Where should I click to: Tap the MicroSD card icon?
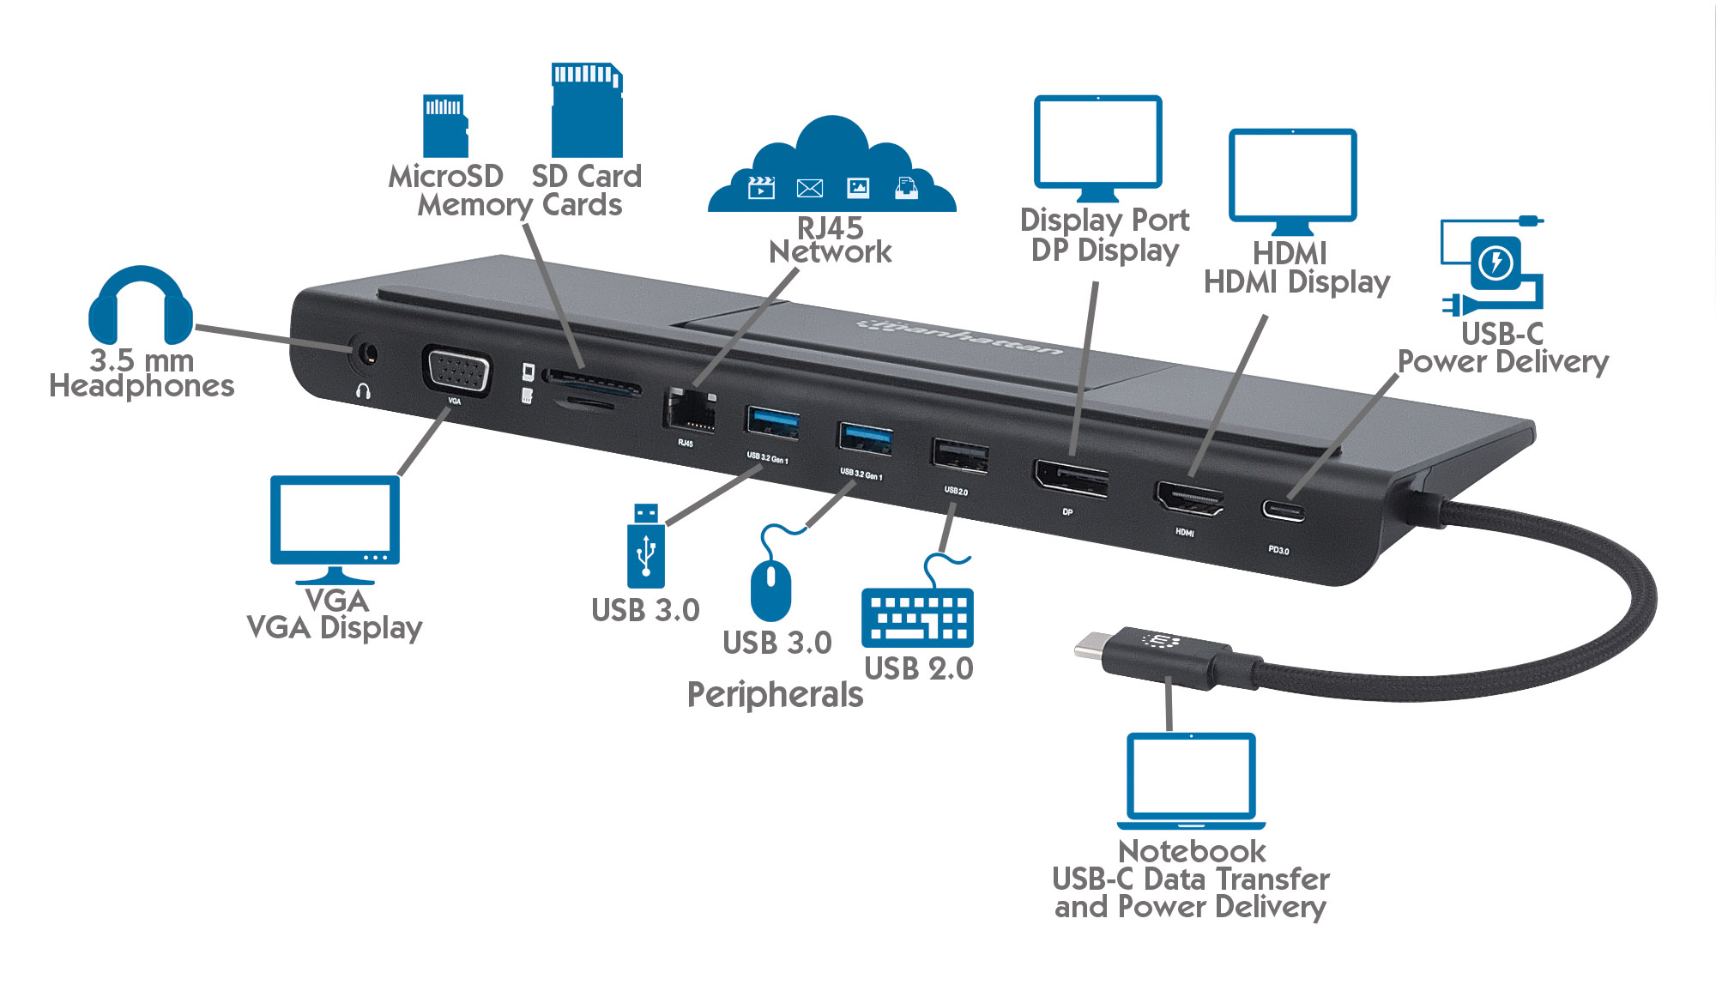[445, 125]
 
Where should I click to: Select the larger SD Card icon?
[587, 110]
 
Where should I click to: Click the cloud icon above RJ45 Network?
[831, 170]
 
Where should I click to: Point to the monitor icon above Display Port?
[1097, 146]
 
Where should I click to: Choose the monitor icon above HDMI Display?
[1292, 178]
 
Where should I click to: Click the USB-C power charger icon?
[1495, 264]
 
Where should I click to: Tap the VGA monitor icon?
[335, 525]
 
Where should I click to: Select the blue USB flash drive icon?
[645, 546]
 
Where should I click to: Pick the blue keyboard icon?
[917, 616]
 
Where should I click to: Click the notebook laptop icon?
[1191, 779]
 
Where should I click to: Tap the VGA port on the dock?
[456, 372]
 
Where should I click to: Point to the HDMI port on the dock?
[1190, 499]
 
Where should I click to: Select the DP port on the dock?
[1072, 479]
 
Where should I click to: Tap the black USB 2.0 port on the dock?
[960, 455]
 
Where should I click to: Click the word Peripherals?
[775, 695]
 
